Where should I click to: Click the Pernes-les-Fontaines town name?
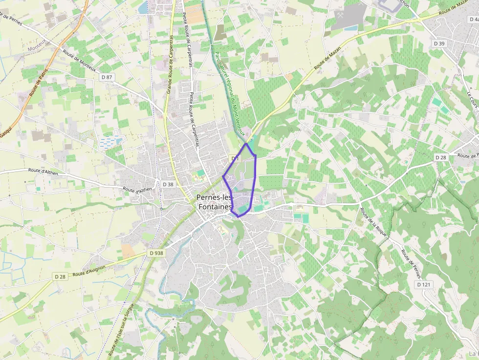coord(214,202)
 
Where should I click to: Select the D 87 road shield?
coord(106,77)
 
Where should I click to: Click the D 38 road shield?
coord(168,184)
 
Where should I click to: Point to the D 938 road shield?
coord(155,253)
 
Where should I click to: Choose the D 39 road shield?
coord(439,44)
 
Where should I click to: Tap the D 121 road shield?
coord(424,284)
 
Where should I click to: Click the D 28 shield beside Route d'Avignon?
coord(60,276)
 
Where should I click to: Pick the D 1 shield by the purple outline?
coord(235,159)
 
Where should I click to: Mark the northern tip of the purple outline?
coord(247,144)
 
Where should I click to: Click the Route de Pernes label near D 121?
coord(411,264)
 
